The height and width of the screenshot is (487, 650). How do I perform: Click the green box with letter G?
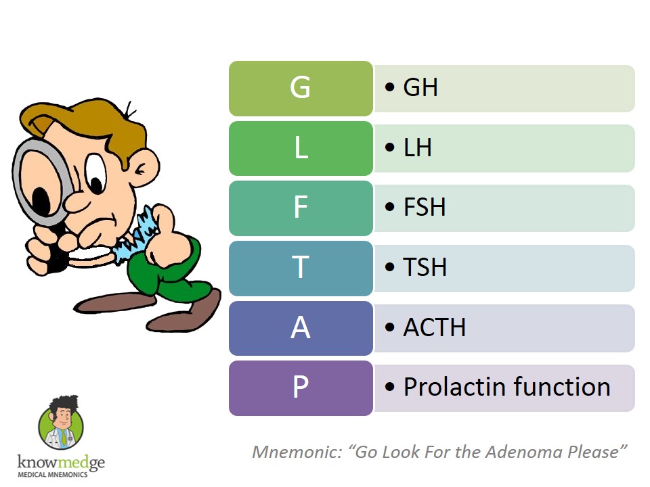(x=301, y=88)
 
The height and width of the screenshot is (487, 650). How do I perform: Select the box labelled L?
(x=301, y=148)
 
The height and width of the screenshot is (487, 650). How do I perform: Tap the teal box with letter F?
(x=301, y=208)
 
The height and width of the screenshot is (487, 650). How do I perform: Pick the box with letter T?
(x=301, y=268)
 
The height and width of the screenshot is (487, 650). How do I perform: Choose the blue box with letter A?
(x=301, y=328)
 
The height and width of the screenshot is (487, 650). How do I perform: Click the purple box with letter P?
(x=301, y=388)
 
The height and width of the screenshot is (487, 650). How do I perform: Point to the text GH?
(x=420, y=87)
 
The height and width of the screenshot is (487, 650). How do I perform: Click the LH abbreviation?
(x=418, y=147)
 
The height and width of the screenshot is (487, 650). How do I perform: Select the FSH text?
(x=425, y=207)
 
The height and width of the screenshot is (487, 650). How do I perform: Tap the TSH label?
(x=425, y=266)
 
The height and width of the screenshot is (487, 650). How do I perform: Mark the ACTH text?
(x=435, y=327)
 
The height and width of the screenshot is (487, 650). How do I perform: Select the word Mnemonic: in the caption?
(x=297, y=452)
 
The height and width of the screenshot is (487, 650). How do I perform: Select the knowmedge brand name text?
(x=61, y=462)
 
